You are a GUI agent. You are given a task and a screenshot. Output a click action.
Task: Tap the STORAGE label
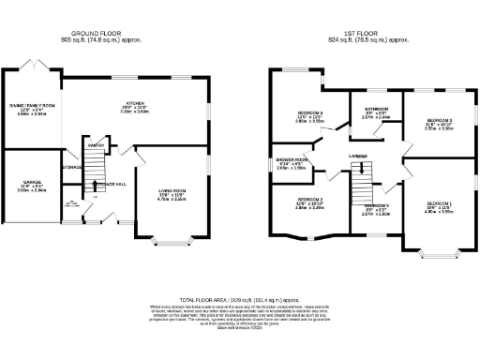72,168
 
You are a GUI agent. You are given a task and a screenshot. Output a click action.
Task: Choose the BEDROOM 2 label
310,199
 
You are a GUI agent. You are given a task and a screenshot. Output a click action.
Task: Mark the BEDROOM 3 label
440,121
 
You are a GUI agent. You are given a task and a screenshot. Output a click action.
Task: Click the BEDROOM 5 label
376,204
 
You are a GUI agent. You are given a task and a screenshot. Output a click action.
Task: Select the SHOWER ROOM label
293,159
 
